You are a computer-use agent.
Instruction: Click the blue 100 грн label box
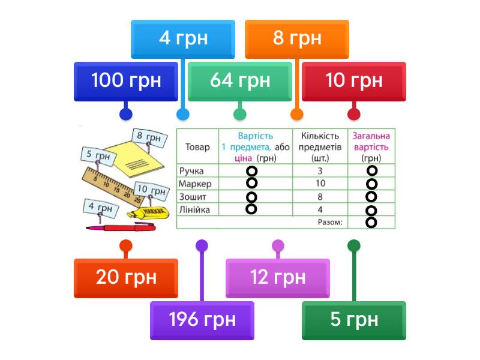point(126,81)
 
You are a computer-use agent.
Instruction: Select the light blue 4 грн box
point(183,39)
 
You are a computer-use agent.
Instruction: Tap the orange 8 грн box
point(297,39)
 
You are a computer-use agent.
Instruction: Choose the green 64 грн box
point(240,81)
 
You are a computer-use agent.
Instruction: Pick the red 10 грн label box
point(354,81)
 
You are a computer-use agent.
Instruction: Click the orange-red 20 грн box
point(126,278)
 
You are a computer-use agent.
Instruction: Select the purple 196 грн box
point(202,320)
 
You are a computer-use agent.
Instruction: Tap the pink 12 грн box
point(278,278)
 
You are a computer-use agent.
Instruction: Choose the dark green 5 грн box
point(354,320)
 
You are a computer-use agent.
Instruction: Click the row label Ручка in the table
point(191,171)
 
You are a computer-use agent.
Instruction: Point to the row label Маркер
point(196,184)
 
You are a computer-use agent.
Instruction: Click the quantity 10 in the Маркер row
point(320,184)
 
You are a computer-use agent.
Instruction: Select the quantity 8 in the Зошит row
point(320,197)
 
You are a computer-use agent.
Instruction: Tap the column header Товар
point(197,147)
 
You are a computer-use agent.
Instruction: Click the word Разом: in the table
point(329,223)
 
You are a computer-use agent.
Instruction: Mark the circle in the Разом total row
point(371,223)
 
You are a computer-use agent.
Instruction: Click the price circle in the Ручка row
point(252,171)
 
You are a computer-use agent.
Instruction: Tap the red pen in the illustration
point(120,227)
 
